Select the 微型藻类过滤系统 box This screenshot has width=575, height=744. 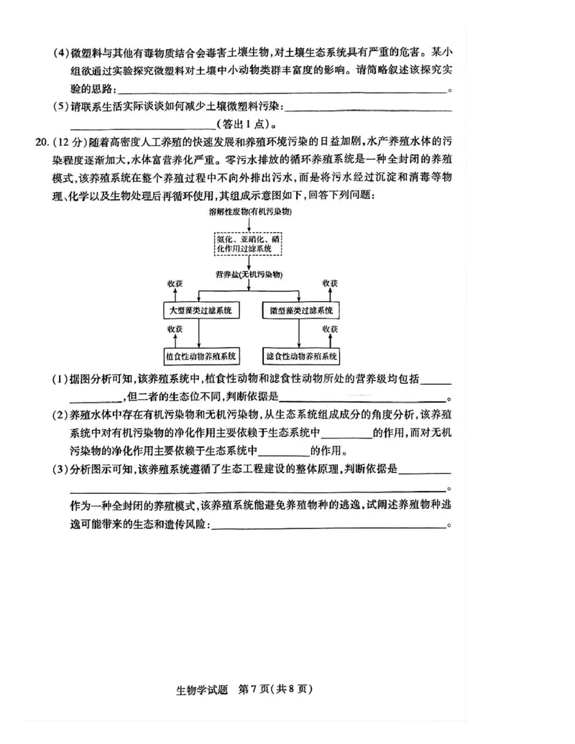coord(301,311)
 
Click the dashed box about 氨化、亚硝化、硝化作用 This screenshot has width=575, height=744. coord(248,243)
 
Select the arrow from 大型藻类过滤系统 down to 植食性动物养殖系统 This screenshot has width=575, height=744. coord(199,334)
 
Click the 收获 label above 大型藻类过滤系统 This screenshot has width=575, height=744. coord(175,283)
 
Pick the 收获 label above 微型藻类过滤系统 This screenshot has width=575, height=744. coord(330,283)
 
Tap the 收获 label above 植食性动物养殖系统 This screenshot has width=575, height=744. coord(175,329)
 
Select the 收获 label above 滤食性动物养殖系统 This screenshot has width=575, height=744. coord(330,329)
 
